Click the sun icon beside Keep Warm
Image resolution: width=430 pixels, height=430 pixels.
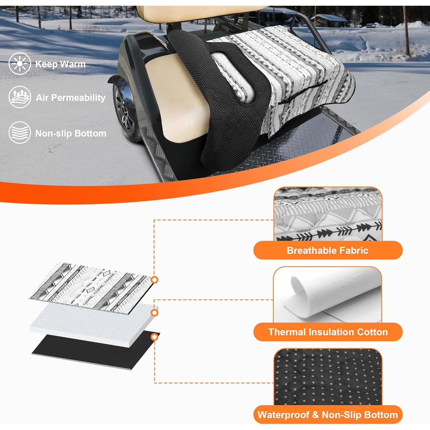tap(19, 64)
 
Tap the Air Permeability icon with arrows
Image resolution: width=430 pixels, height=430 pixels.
tap(19, 97)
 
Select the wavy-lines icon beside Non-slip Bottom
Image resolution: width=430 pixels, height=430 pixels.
tap(19, 132)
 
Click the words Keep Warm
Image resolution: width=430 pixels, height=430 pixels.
tap(60, 64)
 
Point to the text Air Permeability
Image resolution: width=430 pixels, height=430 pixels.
tap(71, 98)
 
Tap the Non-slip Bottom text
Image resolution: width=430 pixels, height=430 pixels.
tap(71, 133)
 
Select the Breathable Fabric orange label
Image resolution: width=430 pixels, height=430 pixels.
tap(328, 250)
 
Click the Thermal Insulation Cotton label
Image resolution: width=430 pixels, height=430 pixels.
tap(328, 332)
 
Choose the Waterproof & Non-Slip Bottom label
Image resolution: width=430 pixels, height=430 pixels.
tap(328, 415)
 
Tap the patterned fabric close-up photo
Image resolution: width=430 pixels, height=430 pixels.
tap(328, 214)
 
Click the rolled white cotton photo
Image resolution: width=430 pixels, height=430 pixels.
tap(328, 295)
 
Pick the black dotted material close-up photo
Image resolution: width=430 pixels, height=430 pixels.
tap(328, 377)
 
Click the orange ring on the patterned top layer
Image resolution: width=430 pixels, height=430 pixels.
tap(155, 280)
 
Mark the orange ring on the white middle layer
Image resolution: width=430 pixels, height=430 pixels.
tap(155, 312)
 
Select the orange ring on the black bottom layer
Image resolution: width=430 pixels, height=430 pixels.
tap(155, 337)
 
